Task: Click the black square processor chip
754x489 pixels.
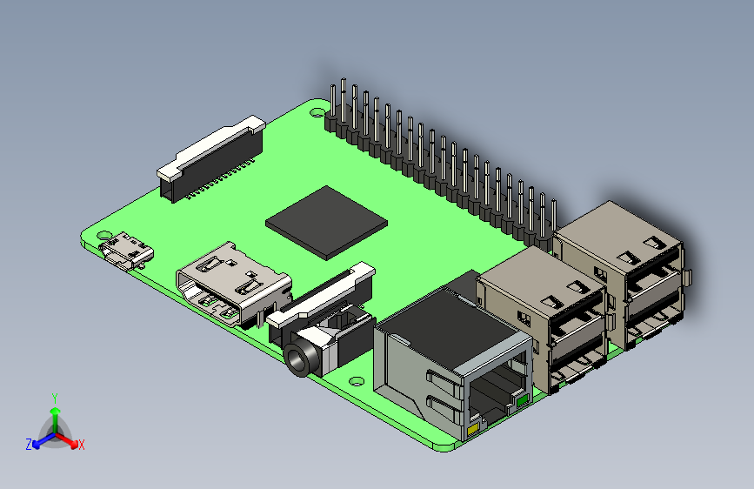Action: (326, 221)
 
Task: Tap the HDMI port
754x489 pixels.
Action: (231, 285)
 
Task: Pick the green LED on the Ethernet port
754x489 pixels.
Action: (522, 401)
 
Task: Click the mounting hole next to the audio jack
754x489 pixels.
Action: (357, 379)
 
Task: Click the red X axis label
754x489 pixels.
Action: (82, 445)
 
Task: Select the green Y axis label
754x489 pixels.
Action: (54, 397)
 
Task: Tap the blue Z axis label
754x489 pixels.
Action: (29, 444)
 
